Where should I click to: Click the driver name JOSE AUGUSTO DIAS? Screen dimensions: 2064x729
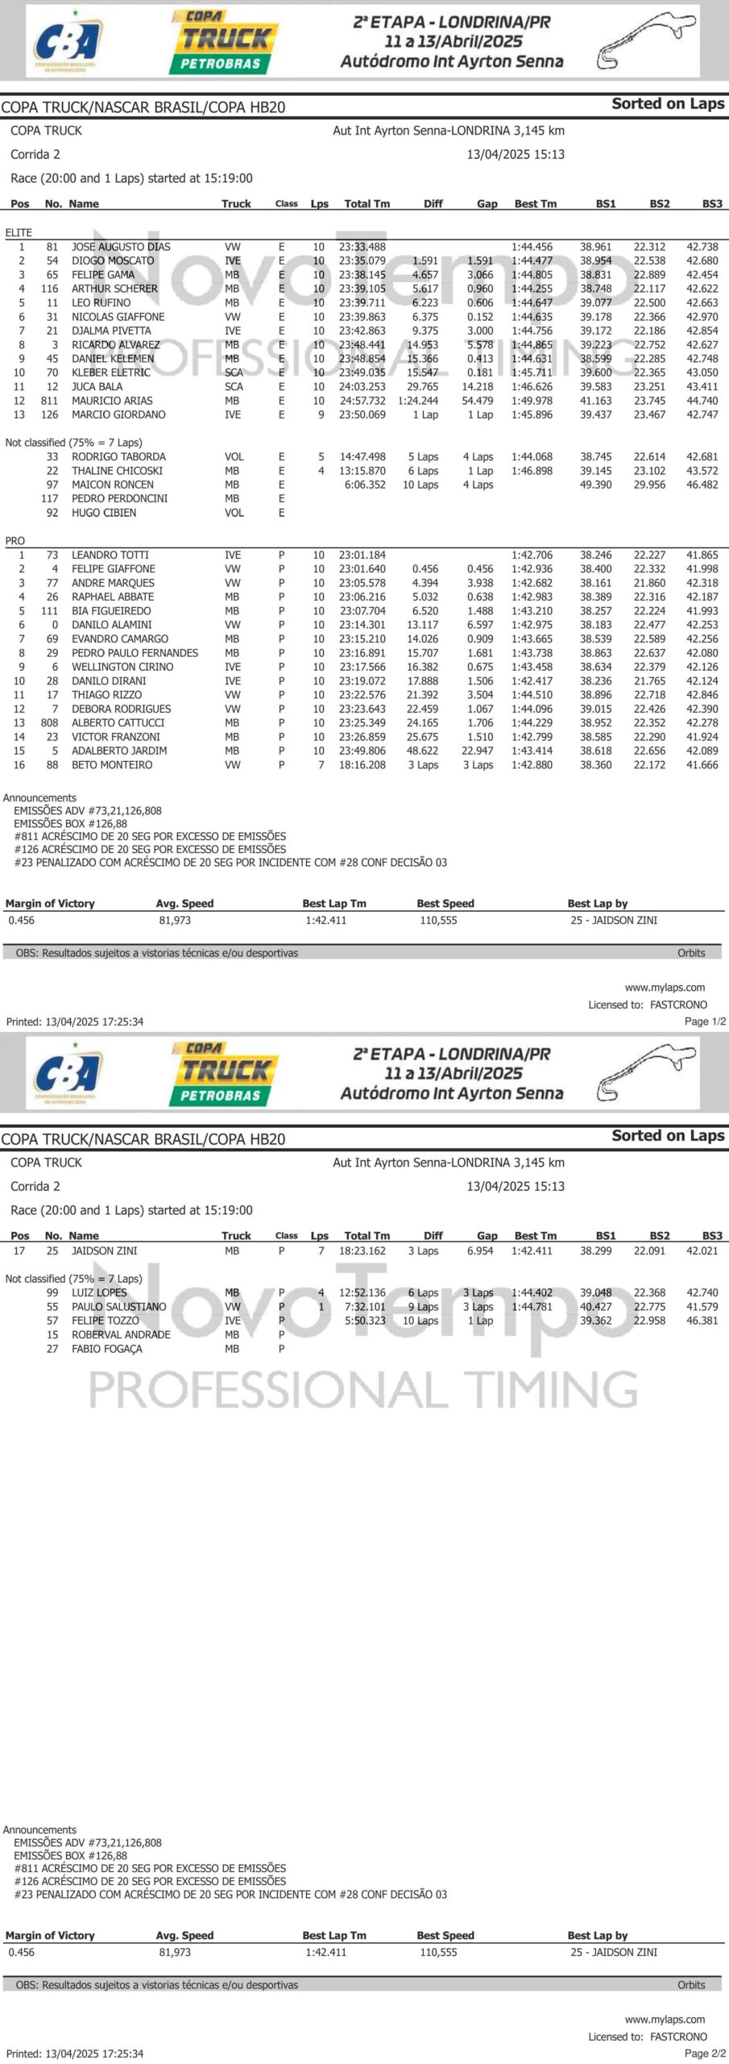(121, 247)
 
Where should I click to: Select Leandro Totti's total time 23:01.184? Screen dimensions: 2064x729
(362, 555)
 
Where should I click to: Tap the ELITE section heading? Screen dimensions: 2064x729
(19, 232)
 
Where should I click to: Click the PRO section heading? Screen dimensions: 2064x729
(15, 541)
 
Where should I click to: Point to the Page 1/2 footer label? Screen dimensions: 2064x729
(705, 1022)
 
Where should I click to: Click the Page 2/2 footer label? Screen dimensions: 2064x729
(705, 2054)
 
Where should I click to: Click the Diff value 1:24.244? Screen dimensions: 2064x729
(417, 401)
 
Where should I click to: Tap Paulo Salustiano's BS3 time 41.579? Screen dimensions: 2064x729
(702, 1307)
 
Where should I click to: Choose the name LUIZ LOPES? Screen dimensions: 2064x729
(99, 1292)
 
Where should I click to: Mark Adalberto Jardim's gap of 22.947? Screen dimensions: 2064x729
(478, 751)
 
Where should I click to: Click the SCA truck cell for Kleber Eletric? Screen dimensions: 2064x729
(234, 372)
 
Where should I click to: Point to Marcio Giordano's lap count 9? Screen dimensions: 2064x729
(321, 414)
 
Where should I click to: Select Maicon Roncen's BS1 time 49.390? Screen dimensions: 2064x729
(595, 485)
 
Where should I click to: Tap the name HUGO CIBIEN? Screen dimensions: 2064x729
(104, 513)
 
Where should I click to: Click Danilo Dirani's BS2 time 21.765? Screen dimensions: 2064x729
(649, 680)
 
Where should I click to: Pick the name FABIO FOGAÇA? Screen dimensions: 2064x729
(107, 1349)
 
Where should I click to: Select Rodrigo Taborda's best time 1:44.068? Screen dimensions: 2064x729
(532, 456)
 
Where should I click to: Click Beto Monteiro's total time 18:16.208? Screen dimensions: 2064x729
(362, 765)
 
